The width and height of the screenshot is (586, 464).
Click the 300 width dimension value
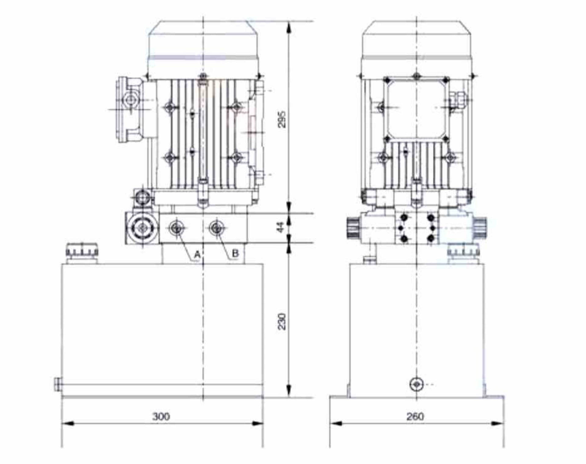coord(161,416)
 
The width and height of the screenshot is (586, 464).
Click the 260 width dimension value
coord(415,416)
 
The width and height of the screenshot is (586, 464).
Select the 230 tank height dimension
coord(282,321)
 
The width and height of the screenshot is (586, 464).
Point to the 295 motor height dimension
coord(282,119)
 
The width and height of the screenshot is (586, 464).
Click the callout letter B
coord(235,253)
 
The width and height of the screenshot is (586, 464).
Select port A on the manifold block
coord(176,228)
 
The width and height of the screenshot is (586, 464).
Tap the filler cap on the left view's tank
coord(82,252)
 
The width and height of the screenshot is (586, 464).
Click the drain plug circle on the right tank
coord(417,384)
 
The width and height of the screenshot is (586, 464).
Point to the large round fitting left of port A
coord(142,228)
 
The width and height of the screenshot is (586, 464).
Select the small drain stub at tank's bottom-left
coord(57,384)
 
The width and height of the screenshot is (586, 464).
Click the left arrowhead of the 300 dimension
coord(67,423)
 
